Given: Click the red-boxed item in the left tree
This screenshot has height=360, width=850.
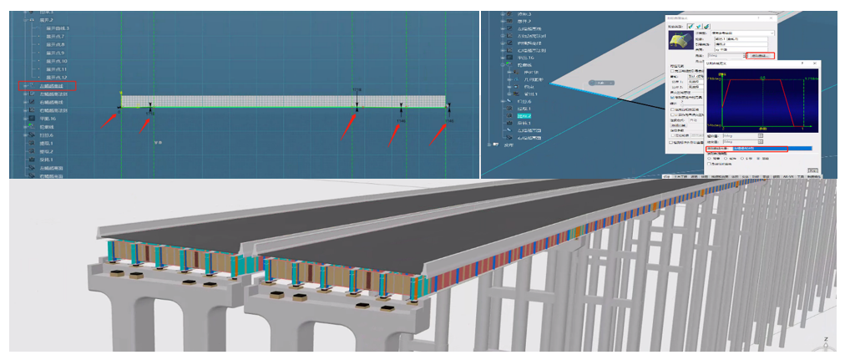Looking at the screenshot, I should click(48, 85).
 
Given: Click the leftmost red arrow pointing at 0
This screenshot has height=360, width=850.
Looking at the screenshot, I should click(108, 119).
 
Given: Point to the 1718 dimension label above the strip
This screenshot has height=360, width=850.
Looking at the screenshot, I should click(357, 89).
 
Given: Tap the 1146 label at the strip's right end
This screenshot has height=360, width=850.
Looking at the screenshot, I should click(450, 121).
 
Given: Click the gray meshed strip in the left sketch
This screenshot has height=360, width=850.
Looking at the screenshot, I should click(250, 101).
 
